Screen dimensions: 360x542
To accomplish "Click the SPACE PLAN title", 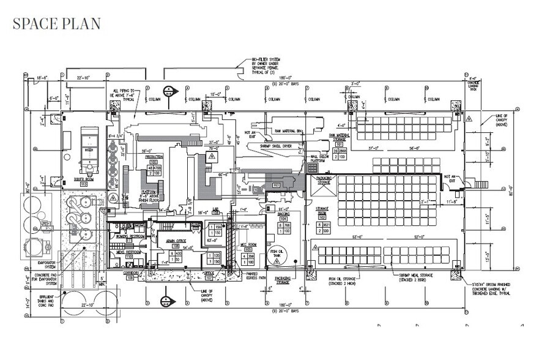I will point(56,24).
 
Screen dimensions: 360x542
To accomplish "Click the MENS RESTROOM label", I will point(125,252).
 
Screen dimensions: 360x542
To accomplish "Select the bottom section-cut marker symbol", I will point(165,299).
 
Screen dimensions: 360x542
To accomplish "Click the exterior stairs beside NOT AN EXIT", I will point(473,183).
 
